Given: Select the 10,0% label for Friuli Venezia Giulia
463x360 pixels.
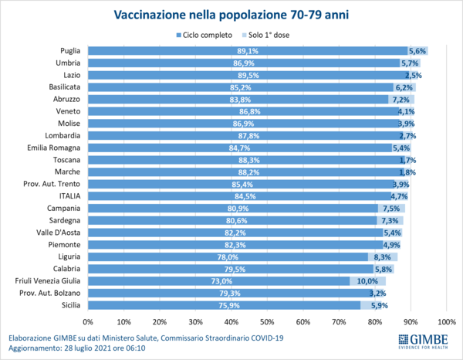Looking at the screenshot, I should point(367,281).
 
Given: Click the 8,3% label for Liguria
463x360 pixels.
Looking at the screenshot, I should point(384,256).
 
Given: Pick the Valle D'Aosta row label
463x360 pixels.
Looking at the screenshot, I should point(59,232).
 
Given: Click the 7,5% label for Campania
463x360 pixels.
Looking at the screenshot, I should point(391,208).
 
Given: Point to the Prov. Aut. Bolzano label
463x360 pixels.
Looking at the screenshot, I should point(55,293).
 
